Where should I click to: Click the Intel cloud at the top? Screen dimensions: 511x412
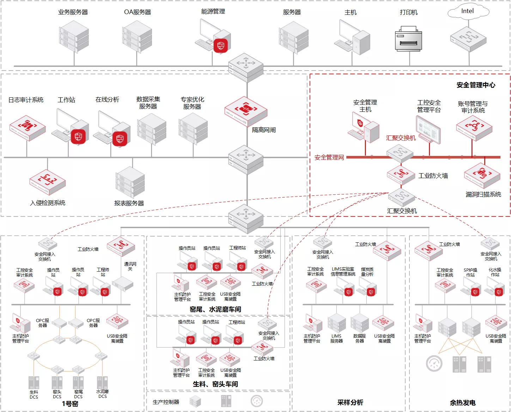coord(468,11)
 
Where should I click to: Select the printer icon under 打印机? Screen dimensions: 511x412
coord(408,38)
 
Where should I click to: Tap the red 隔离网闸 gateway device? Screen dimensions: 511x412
coord(246,111)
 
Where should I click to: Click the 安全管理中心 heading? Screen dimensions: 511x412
coord(476,85)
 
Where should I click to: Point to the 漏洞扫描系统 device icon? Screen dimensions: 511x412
coord(482,176)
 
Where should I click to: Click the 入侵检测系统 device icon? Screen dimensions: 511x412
coord(48,182)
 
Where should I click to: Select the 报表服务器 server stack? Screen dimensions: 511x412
coord(130,182)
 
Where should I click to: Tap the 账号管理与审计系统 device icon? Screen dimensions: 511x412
coord(474,128)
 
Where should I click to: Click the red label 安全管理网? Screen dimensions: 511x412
coord(329,157)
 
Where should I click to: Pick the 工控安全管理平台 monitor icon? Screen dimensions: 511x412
coord(428,129)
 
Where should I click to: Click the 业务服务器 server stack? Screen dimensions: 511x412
coord(74,37)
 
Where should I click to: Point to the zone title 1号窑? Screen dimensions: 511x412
coord(70,404)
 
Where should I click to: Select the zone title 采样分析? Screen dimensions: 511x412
coord(350,402)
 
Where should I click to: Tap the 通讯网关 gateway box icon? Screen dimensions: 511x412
coord(122,284)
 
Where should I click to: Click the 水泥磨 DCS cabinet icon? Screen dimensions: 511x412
coord(102,382)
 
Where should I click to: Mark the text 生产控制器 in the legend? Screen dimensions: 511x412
coord(166,402)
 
